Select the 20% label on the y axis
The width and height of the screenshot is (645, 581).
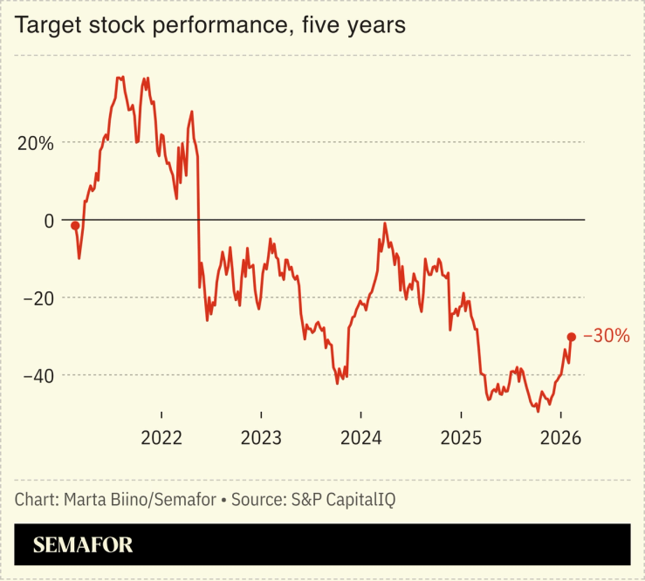click(x=36, y=143)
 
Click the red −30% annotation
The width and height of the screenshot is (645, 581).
click(x=606, y=336)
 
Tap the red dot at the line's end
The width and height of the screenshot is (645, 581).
click(x=572, y=337)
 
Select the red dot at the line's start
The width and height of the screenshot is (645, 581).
click(x=75, y=226)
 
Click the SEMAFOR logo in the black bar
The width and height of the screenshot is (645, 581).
click(x=83, y=546)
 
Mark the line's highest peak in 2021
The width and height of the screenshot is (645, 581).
click(x=119, y=77)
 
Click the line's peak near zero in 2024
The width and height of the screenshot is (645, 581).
click(x=384, y=224)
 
